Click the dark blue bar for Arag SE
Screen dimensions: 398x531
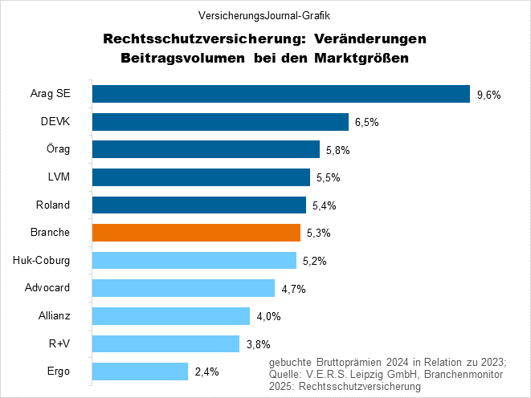coord(280,94)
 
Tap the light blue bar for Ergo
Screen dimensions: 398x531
coord(141,372)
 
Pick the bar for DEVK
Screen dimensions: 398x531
coord(220,122)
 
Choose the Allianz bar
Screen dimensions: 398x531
coord(171,316)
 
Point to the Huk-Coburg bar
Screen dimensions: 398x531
coord(194,261)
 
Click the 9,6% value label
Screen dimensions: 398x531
coord(488,95)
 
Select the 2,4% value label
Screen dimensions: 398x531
coord(206,372)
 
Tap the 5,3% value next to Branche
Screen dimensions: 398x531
coord(319,234)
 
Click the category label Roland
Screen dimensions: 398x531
coord(55,205)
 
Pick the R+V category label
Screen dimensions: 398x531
coord(60,344)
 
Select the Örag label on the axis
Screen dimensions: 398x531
coord(58,149)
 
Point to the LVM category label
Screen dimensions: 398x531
coord(59,177)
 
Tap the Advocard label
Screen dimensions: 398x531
coord(48,289)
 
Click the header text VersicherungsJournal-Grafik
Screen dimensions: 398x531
coord(264,14)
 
